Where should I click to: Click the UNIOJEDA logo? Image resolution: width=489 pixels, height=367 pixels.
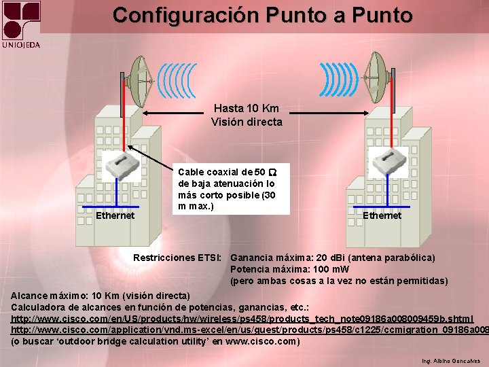[21, 24]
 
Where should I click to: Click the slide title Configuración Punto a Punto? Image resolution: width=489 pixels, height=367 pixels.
[262, 15]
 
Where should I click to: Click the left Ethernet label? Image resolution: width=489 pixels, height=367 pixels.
[115, 215]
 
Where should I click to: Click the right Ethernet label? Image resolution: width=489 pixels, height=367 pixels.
[382, 215]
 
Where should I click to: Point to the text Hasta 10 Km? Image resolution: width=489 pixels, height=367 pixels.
[246, 108]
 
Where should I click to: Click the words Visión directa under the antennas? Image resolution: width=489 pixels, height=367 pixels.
[246, 122]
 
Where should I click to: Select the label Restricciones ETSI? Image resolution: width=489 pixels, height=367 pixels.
[177, 258]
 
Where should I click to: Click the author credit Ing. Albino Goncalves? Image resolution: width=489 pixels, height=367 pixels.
[450, 361]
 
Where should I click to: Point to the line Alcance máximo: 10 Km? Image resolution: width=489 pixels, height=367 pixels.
[101, 296]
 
